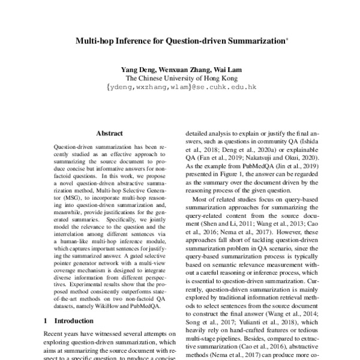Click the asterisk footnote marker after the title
point(287,41)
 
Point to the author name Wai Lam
point(226,68)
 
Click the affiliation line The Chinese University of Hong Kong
point(181,77)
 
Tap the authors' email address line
point(181,87)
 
